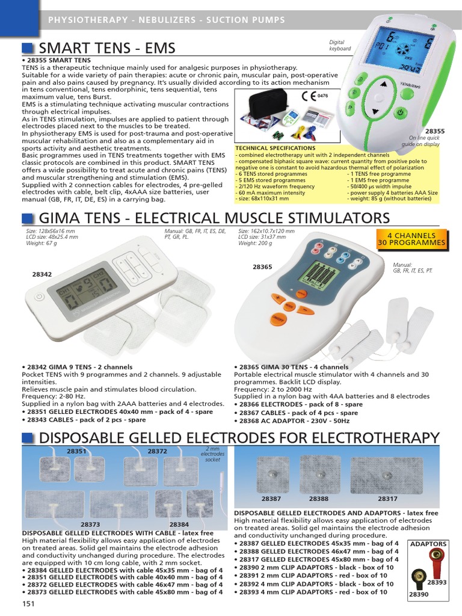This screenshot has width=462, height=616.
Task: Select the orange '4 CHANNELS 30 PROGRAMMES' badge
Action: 412,239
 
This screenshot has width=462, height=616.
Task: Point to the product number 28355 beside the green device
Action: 434,131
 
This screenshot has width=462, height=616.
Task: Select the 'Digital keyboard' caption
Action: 339,46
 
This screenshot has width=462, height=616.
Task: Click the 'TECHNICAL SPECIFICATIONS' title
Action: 275,148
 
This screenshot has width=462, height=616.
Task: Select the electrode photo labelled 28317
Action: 387,473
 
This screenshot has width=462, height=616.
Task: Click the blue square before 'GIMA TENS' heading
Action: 28,218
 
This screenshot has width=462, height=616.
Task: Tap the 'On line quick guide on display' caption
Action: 425,141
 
